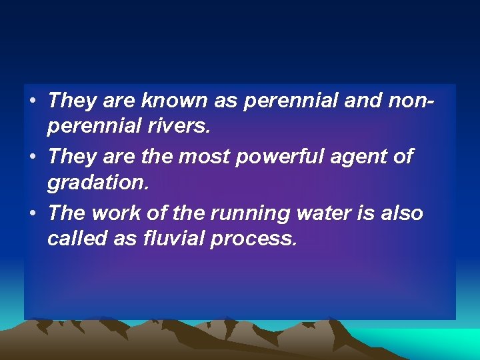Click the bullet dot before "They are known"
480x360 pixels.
point(32,102)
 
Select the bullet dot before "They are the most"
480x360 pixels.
point(32,158)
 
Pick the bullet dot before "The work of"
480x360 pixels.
point(32,214)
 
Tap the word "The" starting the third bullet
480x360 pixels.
point(67,213)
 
